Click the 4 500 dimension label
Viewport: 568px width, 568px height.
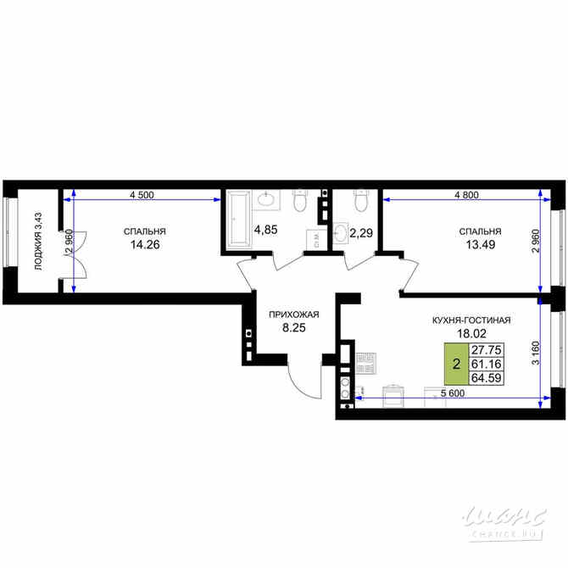pyautogui.click(x=142, y=195)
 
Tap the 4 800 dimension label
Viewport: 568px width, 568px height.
pyautogui.click(x=466, y=195)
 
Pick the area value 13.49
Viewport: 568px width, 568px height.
pyautogui.click(x=480, y=245)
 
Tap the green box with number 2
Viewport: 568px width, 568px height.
pyautogui.click(x=457, y=365)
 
